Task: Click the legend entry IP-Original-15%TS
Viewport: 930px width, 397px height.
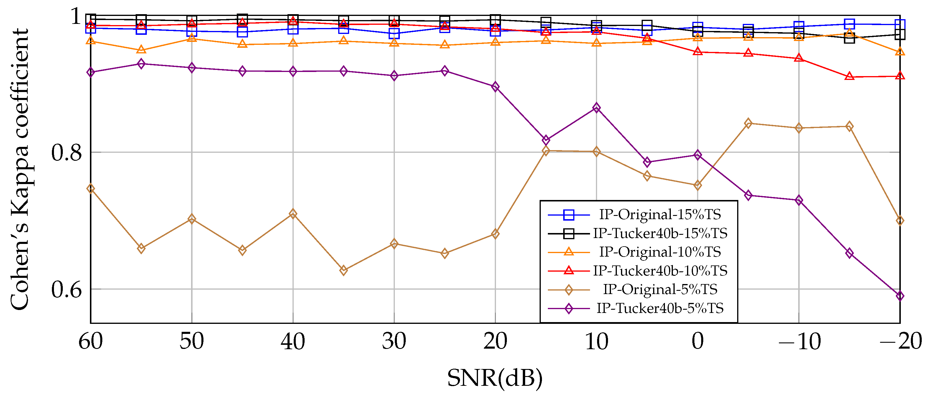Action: coord(660,215)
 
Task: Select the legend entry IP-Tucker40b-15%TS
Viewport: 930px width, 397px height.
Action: coord(660,233)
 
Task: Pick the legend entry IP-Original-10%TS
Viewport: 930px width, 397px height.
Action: coord(660,252)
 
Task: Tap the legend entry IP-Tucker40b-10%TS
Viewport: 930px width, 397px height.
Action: coord(660,270)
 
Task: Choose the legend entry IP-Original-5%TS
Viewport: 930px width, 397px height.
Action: coord(660,289)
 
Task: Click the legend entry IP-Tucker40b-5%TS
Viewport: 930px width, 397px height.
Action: coord(660,308)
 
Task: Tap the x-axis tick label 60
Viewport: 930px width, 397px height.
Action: coord(91,341)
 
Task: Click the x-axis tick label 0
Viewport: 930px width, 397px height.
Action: coord(698,341)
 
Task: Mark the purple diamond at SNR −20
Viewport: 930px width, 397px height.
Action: coord(900,296)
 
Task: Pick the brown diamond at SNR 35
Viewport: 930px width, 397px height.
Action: coord(344,270)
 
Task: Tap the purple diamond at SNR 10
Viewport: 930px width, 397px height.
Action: coord(597,108)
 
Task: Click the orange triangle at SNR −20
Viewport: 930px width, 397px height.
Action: coord(900,52)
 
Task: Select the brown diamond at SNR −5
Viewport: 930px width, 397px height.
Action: coord(748,124)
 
